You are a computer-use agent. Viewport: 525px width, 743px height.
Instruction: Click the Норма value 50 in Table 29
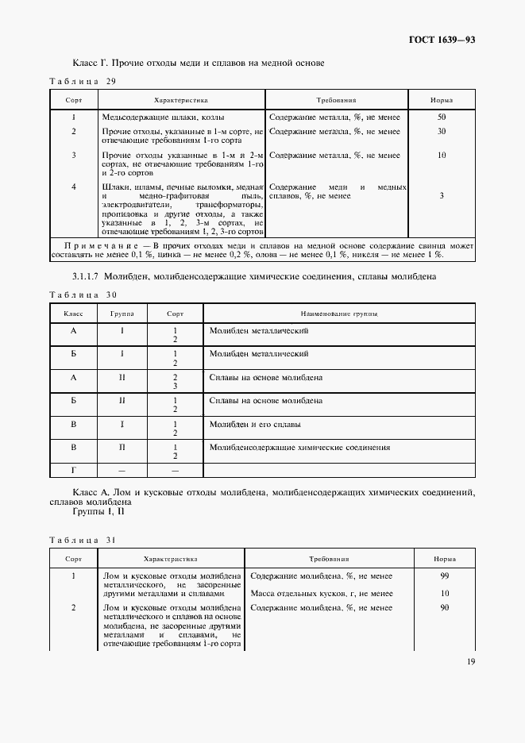click(x=442, y=117)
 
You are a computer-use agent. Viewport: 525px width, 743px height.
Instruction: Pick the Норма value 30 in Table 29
click(x=442, y=131)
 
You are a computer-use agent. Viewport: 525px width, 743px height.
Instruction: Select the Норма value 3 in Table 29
click(x=442, y=195)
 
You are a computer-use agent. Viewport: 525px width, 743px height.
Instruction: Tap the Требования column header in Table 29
click(x=336, y=101)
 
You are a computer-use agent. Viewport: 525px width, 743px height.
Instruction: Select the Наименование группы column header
click(x=338, y=314)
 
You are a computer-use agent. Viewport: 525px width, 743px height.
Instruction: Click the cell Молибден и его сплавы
click(x=255, y=425)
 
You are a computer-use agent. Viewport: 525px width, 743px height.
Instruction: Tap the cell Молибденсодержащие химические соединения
click(x=299, y=448)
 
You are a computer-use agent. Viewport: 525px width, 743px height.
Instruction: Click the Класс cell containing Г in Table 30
click(x=74, y=471)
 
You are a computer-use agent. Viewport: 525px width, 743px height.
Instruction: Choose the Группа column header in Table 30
click(x=122, y=314)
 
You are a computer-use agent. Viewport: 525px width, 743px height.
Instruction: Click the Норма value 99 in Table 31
click(x=445, y=576)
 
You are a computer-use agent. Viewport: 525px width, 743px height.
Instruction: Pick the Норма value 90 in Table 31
click(x=445, y=607)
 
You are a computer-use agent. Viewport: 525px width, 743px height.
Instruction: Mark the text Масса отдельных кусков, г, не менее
click(x=321, y=593)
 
